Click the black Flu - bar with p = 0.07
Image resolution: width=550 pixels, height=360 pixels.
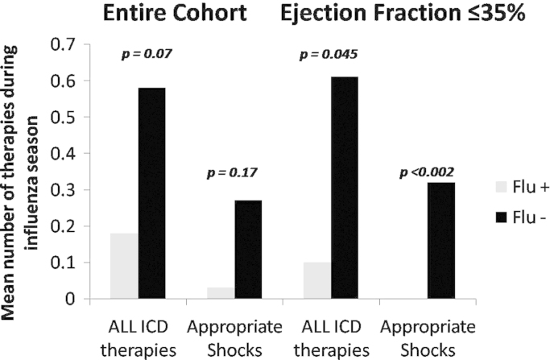151,193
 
